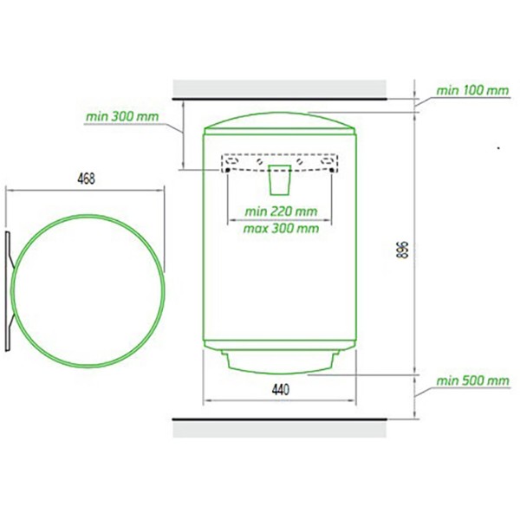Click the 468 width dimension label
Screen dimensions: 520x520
click(86, 179)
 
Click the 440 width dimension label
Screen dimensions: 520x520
click(281, 390)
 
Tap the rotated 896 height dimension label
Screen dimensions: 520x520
click(401, 250)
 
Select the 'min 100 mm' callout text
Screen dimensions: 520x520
click(472, 90)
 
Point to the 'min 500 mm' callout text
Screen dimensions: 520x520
click(472, 380)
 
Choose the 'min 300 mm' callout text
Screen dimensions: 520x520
click(122, 116)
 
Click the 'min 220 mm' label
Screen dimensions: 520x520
click(281, 211)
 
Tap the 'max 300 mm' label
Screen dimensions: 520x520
click(281, 229)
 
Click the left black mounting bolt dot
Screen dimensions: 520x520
click(227, 170)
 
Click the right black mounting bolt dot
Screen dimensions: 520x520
click(332, 170)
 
